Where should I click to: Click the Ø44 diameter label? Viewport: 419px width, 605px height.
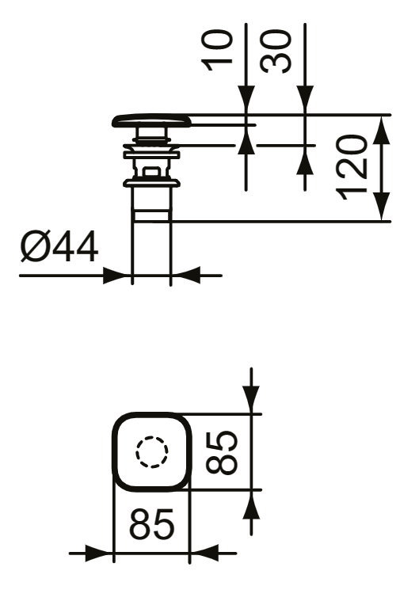(59, 246)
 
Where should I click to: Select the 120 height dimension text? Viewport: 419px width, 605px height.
(351, 167)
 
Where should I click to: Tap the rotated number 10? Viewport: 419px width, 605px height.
(217, 51)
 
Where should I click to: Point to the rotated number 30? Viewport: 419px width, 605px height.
(276, 51)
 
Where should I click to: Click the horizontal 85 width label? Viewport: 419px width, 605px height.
(151, 524)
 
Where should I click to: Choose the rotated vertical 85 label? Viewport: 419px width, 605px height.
(222, 452)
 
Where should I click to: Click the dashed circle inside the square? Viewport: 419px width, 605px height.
(151, 452)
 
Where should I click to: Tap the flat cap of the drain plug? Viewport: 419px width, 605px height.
(151, 121)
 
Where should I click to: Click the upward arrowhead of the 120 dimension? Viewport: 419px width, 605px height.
(382, 129)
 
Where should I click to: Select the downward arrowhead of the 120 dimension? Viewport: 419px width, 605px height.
(382, 207)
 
